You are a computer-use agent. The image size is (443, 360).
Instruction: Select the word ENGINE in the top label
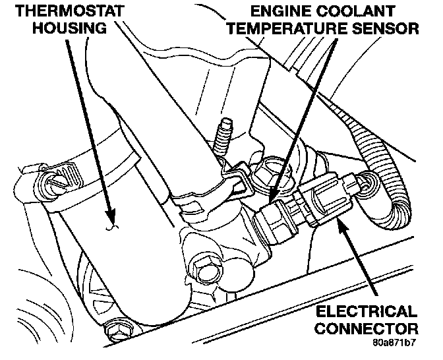click(x=280, y=11)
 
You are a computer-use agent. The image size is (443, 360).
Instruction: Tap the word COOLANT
click(x=357, y=11)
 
